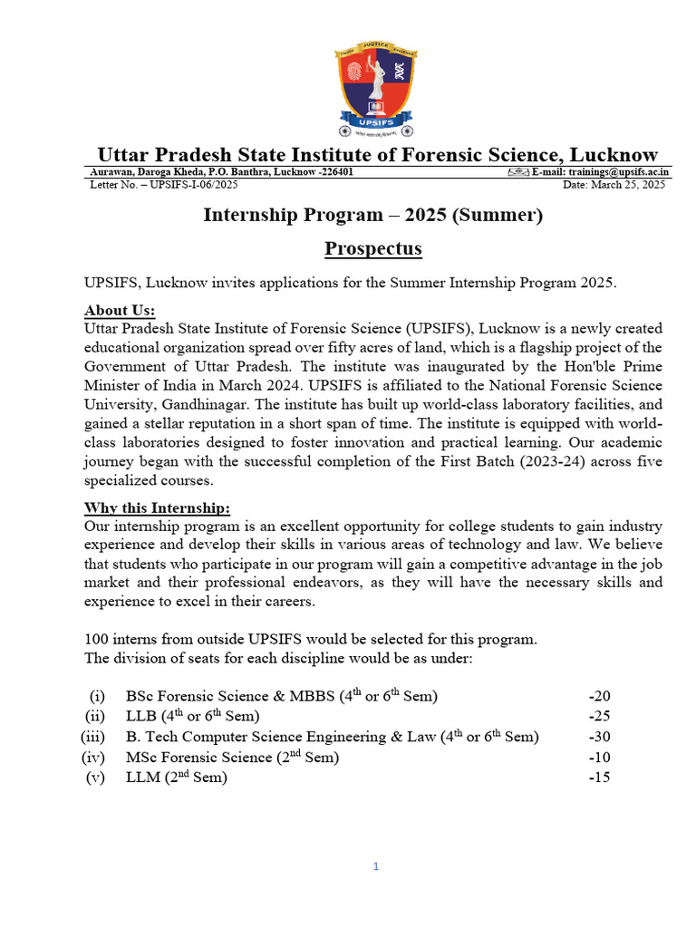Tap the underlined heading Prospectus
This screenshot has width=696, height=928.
point(372,248)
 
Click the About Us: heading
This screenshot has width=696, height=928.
point(120,310)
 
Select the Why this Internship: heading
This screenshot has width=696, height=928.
point(157,507)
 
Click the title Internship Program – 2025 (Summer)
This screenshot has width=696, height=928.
point(372,215)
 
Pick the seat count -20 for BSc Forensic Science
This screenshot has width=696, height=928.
point(599,696)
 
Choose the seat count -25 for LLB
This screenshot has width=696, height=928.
point(599,717)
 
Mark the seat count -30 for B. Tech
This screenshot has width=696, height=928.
point(599,737)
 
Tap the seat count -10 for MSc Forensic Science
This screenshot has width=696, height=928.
point(599,757)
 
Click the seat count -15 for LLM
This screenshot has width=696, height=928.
point(599,778)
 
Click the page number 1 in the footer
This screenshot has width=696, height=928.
point(376,866)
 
